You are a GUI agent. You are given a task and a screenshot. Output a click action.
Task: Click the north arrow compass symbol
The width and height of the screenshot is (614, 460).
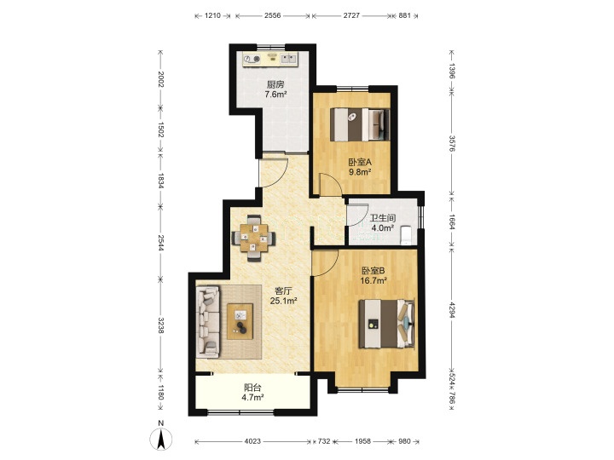click(160, 439)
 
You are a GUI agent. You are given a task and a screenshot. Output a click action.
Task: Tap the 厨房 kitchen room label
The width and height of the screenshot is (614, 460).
click(275, 84)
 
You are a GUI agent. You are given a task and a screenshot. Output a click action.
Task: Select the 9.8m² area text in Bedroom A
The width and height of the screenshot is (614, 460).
click(360, 171)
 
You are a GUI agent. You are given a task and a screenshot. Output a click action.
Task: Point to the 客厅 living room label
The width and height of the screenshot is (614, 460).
click(283, 291)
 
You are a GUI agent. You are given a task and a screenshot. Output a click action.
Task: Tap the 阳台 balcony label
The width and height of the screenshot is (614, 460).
click(252, 388)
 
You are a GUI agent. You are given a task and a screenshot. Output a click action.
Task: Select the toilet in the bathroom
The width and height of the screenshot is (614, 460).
click(406, 234)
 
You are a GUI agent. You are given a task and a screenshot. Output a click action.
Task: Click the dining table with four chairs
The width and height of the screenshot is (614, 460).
click(254, 238)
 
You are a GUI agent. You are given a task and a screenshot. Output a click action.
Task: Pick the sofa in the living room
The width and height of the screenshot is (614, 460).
click(207, 321)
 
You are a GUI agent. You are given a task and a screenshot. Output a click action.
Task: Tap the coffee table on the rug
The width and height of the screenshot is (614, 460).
click(240, 321)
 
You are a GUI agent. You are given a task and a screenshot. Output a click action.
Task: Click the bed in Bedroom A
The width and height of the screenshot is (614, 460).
click(360, 124)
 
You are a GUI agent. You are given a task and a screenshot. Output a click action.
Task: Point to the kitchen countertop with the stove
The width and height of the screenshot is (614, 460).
click(269, 59)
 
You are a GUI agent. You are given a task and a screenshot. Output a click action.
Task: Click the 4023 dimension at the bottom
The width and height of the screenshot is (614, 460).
click(252, 441)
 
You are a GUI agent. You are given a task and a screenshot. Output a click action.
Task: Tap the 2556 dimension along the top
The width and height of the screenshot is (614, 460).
click(273, 15)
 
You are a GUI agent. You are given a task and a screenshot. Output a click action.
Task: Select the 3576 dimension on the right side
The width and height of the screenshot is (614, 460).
click(452, 143)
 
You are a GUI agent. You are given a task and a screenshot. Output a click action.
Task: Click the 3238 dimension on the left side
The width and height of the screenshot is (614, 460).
click(159, 325)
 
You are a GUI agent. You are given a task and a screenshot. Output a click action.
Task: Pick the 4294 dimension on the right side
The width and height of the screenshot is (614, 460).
click(452, 310)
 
